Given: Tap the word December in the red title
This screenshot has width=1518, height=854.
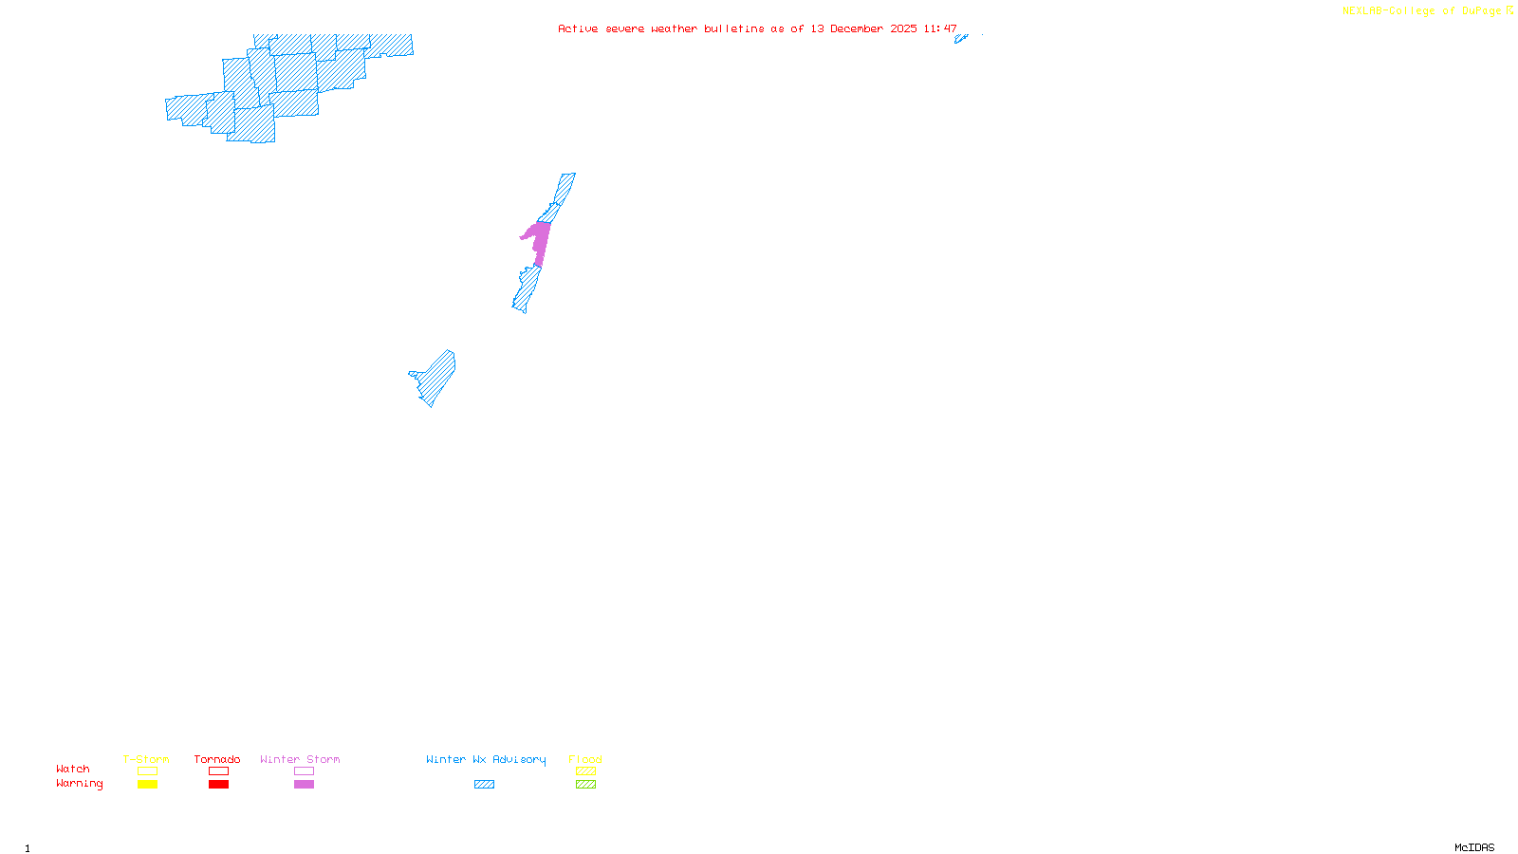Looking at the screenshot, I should point(857,28).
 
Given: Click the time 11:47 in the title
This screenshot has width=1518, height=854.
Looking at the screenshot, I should point(940,28).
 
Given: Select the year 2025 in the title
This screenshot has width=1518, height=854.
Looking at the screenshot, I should point(903,28).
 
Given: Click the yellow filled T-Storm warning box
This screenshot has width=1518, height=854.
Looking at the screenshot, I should point(147,785).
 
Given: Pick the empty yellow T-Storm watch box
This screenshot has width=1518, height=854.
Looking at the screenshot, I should point(147,771).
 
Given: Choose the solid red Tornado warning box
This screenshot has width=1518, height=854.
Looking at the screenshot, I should point(218,785).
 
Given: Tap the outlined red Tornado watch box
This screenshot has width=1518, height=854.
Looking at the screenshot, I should point(218,771).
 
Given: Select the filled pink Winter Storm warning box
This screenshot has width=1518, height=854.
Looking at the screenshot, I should point(304,785).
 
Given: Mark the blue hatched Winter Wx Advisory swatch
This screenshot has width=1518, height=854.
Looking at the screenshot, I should point(484,785).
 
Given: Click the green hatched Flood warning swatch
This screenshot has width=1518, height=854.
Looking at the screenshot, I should point(585,785).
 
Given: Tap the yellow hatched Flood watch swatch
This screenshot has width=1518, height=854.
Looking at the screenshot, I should point(585,771).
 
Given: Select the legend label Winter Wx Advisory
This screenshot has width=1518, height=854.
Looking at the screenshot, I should point(486,759).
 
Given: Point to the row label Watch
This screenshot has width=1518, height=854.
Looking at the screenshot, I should point(73,770).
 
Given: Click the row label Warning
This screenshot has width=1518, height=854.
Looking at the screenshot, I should point(79,784).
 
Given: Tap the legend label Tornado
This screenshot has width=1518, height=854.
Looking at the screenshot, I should point(217,759).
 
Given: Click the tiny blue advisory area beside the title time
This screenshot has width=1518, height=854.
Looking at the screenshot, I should point(960,39).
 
